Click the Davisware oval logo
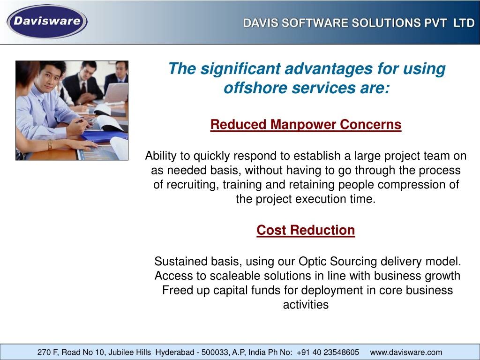pos(47,22)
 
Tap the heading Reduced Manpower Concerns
pos(306,125)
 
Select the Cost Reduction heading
pos(306,230)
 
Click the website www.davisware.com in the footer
pos(406,352)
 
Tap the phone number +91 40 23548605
pos(328,352)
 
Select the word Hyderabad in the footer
pos(175,352)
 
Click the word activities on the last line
pos(306,305)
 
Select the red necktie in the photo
pos(83,88)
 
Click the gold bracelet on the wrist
pos(50,144)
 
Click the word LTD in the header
pos(464,23)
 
